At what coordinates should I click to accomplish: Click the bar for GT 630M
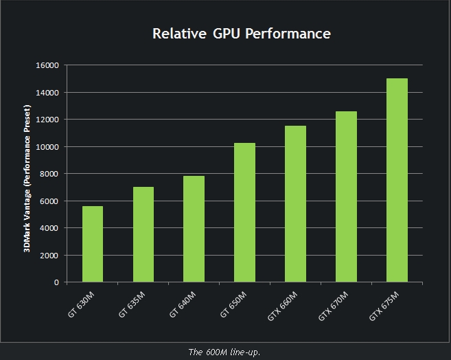click(x=92, y=244)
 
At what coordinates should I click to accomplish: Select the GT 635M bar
click(x=143, y=234)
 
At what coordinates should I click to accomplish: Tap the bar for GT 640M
click(x=194, y=229)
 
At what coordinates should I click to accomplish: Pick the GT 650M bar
click(x=244, y=212)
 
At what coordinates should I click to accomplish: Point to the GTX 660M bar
click(x=295, y=204)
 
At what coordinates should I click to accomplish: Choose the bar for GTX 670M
click(x=346, y=196)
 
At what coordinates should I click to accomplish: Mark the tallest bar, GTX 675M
click(x=397, y=180)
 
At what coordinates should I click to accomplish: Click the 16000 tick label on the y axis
click(x=48, y=65)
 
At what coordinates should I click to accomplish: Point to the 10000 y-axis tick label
click(x=48, y=147)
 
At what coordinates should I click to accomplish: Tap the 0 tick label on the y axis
click(x=56, y=282)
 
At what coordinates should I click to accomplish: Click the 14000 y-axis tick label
click(x=48, y=93)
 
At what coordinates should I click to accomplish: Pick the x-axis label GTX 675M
click(x=383, y=306)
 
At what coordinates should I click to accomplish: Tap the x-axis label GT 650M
click(x=233, y=304)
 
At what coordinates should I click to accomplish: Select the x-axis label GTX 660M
click(x=281, y=306)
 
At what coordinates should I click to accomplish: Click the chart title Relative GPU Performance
click(x=241, y=34)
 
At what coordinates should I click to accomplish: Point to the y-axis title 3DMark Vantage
click(x=27, y=179)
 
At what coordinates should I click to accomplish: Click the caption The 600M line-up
click(x=224, y=352)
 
